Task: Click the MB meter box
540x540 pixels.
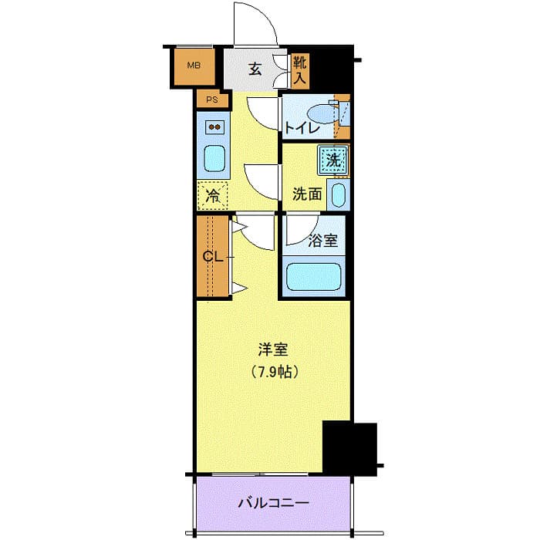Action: (x=192, y=66)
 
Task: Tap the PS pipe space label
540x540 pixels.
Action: (x=211, y=100)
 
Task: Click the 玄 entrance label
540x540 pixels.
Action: (x=255, y=68)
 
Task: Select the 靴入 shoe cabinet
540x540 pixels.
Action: (x=299, y=69)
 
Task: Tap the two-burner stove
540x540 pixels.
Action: (x=214, y=127)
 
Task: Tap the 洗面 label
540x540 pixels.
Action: (x=307, y=194)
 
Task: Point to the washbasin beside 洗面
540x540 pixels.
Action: (x=337, y=194)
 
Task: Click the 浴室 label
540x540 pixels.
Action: (x=322, y=240)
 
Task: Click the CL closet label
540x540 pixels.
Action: (x=213, y=257)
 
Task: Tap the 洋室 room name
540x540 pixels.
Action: (x=272, y=349)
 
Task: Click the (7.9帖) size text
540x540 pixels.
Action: (x=274, y=371)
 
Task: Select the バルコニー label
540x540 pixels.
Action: (x=273, y=503)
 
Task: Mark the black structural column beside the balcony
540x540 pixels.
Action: (x=349, y=448)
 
